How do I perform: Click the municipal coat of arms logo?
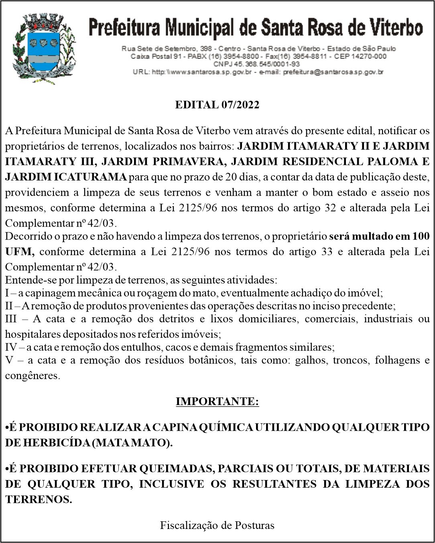click(44, 48)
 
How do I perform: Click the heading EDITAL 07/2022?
click(217, 105)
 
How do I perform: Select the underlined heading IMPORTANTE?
click(217, 401)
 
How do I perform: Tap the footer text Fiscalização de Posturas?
click(217, 525)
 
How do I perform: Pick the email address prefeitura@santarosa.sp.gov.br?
click(333, 72)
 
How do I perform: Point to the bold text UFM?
click(20, 252)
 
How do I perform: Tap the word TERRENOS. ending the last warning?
click(39, 499)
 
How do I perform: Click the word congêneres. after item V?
click(33, 376)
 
